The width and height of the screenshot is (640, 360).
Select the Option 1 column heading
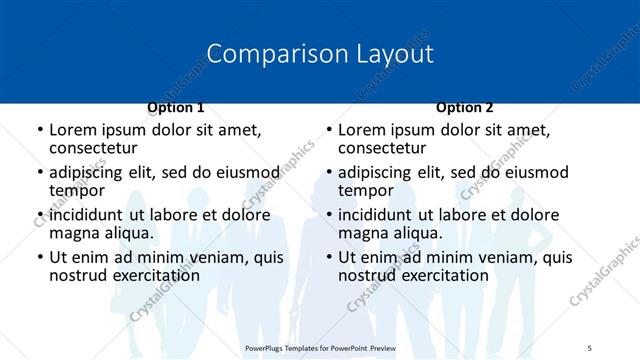[x=176, y=107]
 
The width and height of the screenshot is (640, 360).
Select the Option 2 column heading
[x=465, y=107]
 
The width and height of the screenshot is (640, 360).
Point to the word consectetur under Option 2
[x=381, y=147]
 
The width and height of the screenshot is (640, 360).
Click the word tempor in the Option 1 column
[x=77, y=190]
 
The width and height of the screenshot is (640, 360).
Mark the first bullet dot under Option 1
[x=40, y=131]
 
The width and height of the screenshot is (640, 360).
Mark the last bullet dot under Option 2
[x=329, y=258]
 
